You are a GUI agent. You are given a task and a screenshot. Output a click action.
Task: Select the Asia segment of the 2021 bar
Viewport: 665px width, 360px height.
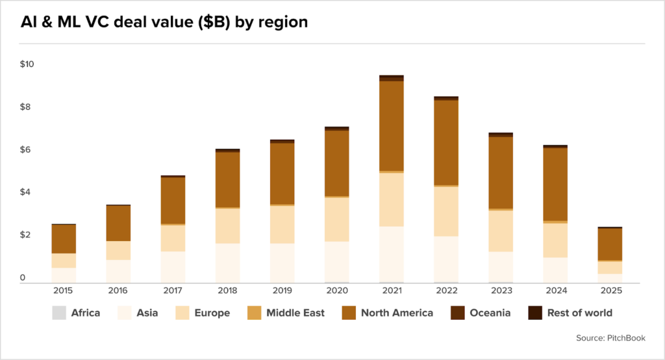coord(392,254)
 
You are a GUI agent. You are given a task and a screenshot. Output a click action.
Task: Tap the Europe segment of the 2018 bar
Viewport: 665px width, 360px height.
coord(228,225)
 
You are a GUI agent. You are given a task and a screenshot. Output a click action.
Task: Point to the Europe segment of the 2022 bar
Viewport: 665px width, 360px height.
coord(446,211)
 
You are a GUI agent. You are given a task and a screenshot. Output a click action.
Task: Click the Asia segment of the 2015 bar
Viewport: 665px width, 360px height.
coord(64,275)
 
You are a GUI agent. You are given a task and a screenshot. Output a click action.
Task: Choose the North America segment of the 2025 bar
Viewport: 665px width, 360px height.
coord(610,244)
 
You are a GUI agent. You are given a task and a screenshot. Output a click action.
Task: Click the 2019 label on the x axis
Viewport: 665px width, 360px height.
coord(282,290)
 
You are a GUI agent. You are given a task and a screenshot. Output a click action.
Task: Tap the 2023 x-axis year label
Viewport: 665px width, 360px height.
coord(501,290)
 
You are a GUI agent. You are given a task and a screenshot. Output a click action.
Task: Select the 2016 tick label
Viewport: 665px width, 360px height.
coord(118,290)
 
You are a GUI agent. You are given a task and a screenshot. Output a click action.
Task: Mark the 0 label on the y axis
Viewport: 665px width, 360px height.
coord(23,278)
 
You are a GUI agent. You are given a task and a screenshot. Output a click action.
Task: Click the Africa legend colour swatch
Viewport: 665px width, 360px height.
coord(58,313)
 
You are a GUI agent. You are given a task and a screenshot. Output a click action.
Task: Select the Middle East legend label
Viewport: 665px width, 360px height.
coord(295,313)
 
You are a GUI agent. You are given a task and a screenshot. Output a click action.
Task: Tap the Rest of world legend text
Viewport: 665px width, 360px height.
coord(579,313)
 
